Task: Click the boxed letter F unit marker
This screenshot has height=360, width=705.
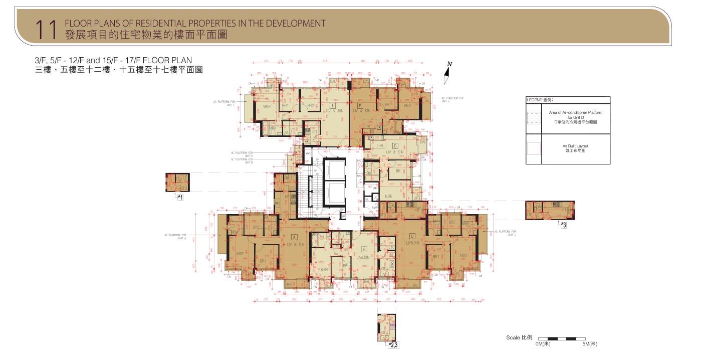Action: coord(333,105)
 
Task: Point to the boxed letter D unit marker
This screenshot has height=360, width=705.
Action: coord(395,145)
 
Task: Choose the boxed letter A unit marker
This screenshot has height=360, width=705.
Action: coord(294,237)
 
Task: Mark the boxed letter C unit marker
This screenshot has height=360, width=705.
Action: coord(412,236)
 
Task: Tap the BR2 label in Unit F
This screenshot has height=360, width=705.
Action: coord(310,106)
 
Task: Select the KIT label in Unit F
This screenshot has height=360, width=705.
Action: coord(314,132)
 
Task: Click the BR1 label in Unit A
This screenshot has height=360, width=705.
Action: coord(263,261)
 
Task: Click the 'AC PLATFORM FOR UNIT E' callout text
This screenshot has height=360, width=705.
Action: coord(452,99)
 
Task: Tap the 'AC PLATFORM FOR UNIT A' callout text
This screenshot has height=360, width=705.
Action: coord(175,236)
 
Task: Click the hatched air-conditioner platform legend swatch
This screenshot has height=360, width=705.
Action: coord(534,118)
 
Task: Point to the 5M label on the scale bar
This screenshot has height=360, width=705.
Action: coord(589,344)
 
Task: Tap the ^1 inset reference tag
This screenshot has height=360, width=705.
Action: coord(180,198)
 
